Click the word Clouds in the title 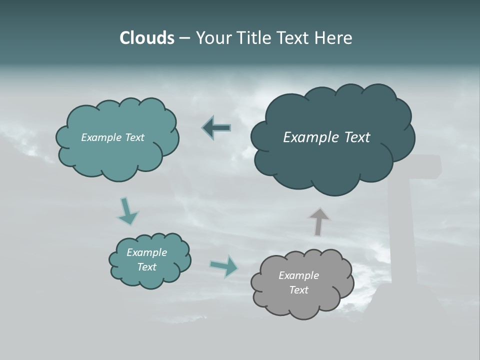coord(147,38)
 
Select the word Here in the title coord(334,38)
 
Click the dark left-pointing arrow coord(216,127)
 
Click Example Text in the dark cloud coord(326,137)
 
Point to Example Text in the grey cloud coord(298,282)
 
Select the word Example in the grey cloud coord(298,275)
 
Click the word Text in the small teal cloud coord(147,267)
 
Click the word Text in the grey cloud coord(298,290)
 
